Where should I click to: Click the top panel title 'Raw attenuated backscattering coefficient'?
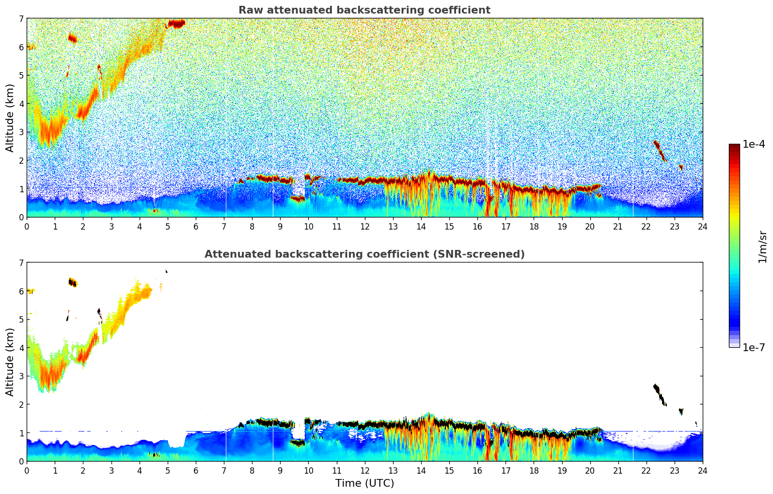364,10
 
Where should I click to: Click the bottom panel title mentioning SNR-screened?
364,254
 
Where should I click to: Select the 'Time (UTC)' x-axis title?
364,483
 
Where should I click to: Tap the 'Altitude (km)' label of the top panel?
10,118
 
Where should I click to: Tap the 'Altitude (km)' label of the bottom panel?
10,362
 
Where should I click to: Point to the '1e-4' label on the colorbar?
754,144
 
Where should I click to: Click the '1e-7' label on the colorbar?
754,347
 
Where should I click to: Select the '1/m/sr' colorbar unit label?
762,247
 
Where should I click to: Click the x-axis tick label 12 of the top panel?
364,227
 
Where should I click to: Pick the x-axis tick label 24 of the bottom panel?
702,471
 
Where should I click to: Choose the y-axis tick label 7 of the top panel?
21,19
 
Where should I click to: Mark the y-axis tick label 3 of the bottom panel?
21,376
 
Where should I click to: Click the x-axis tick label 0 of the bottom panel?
27,471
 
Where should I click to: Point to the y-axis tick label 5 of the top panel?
21,76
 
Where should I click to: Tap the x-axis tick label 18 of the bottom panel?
534,471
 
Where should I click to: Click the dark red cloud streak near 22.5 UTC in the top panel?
660,150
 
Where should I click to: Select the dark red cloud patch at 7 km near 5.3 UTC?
176,23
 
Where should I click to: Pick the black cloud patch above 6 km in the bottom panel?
73,282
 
